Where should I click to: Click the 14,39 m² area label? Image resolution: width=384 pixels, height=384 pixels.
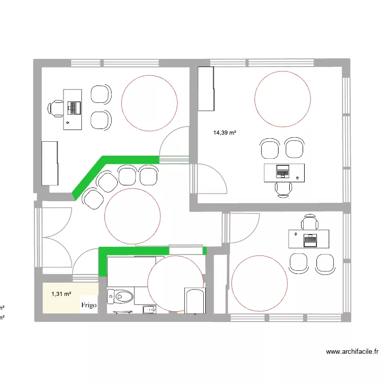225,133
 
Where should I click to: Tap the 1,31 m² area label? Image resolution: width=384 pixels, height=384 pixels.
61,294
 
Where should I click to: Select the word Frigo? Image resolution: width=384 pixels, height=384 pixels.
89,305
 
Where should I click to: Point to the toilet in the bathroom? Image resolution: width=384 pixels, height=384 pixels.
121,296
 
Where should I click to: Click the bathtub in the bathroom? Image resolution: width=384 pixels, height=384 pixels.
195,301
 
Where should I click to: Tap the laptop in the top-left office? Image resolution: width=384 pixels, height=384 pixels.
76,108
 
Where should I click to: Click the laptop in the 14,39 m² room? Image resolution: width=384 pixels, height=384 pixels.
283,170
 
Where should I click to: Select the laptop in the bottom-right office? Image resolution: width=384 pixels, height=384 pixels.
310,239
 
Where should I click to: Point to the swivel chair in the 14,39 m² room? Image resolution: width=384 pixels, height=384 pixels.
283,189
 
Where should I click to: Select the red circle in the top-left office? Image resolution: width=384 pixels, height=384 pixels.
150,102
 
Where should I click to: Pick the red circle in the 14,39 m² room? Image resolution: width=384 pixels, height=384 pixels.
282,98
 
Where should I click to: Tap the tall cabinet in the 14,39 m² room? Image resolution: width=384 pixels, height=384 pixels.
205,88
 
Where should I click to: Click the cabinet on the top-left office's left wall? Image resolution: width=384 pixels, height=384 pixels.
50,163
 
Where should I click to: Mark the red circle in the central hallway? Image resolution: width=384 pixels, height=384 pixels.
133,216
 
